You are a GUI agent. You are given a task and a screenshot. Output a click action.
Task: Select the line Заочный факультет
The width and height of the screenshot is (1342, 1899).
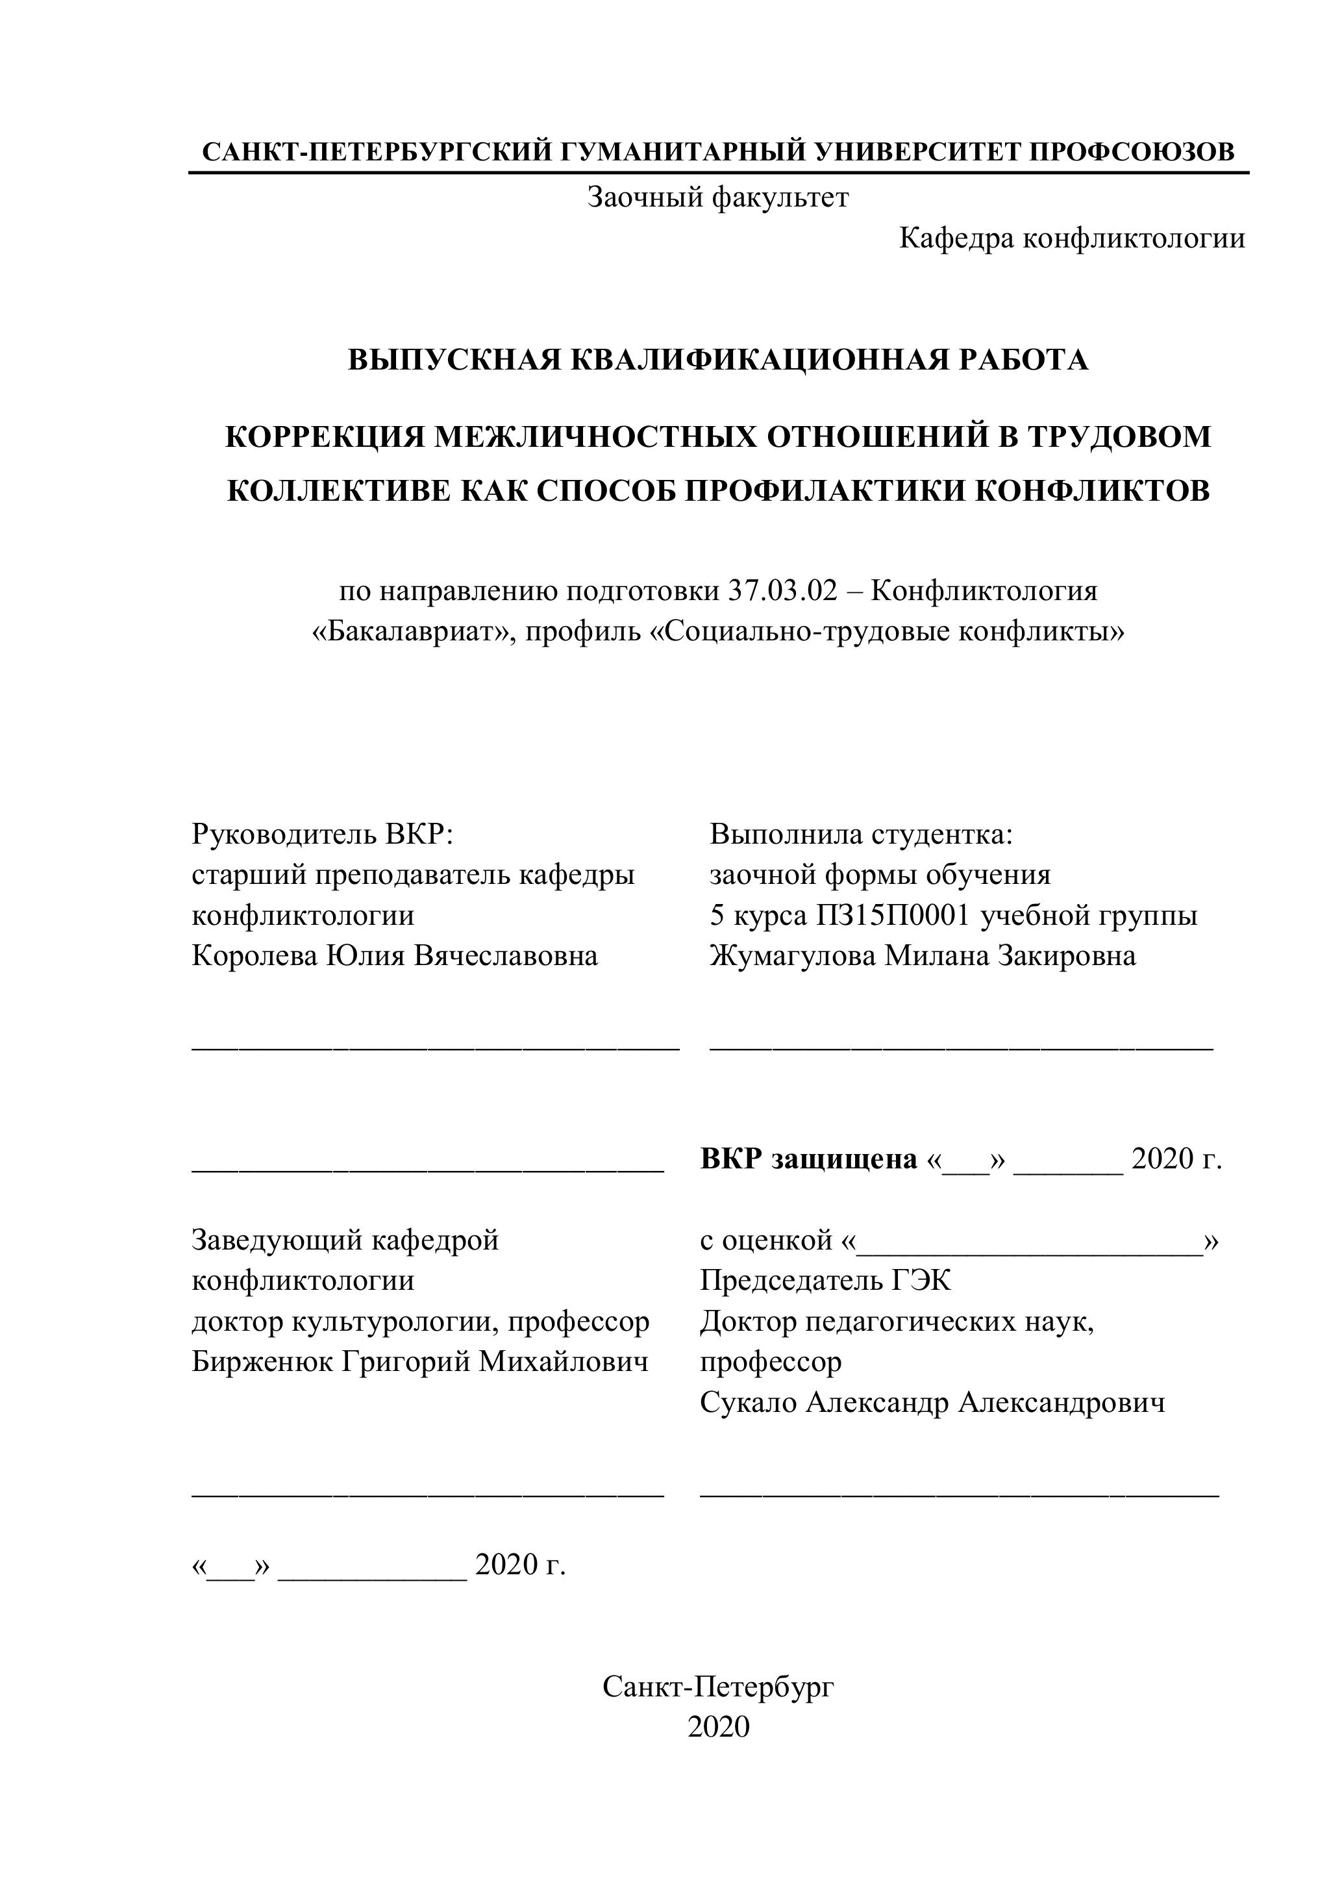click(717, 197)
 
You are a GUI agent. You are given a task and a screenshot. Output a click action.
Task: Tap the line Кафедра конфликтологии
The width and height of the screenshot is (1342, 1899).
click(1072, 238)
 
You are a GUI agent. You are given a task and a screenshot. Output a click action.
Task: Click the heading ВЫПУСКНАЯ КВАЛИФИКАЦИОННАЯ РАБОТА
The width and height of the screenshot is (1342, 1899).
click(717, 360)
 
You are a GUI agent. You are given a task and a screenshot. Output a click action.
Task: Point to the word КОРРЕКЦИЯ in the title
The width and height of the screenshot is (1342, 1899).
click(326, 436)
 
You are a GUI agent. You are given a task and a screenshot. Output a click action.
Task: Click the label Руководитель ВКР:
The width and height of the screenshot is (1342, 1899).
click(323, 834)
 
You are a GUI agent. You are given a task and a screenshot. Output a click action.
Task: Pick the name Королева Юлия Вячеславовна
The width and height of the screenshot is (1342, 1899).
click(394, 956)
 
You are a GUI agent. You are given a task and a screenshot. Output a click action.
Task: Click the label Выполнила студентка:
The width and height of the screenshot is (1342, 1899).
click(861, 834)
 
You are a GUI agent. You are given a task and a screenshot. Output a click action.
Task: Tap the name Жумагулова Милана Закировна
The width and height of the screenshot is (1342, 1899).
click(922, 956)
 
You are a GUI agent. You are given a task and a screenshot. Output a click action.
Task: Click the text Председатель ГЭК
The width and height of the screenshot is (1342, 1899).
click(825, 1281)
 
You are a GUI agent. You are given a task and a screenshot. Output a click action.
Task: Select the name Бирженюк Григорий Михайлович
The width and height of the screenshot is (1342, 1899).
click(420, 1362)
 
